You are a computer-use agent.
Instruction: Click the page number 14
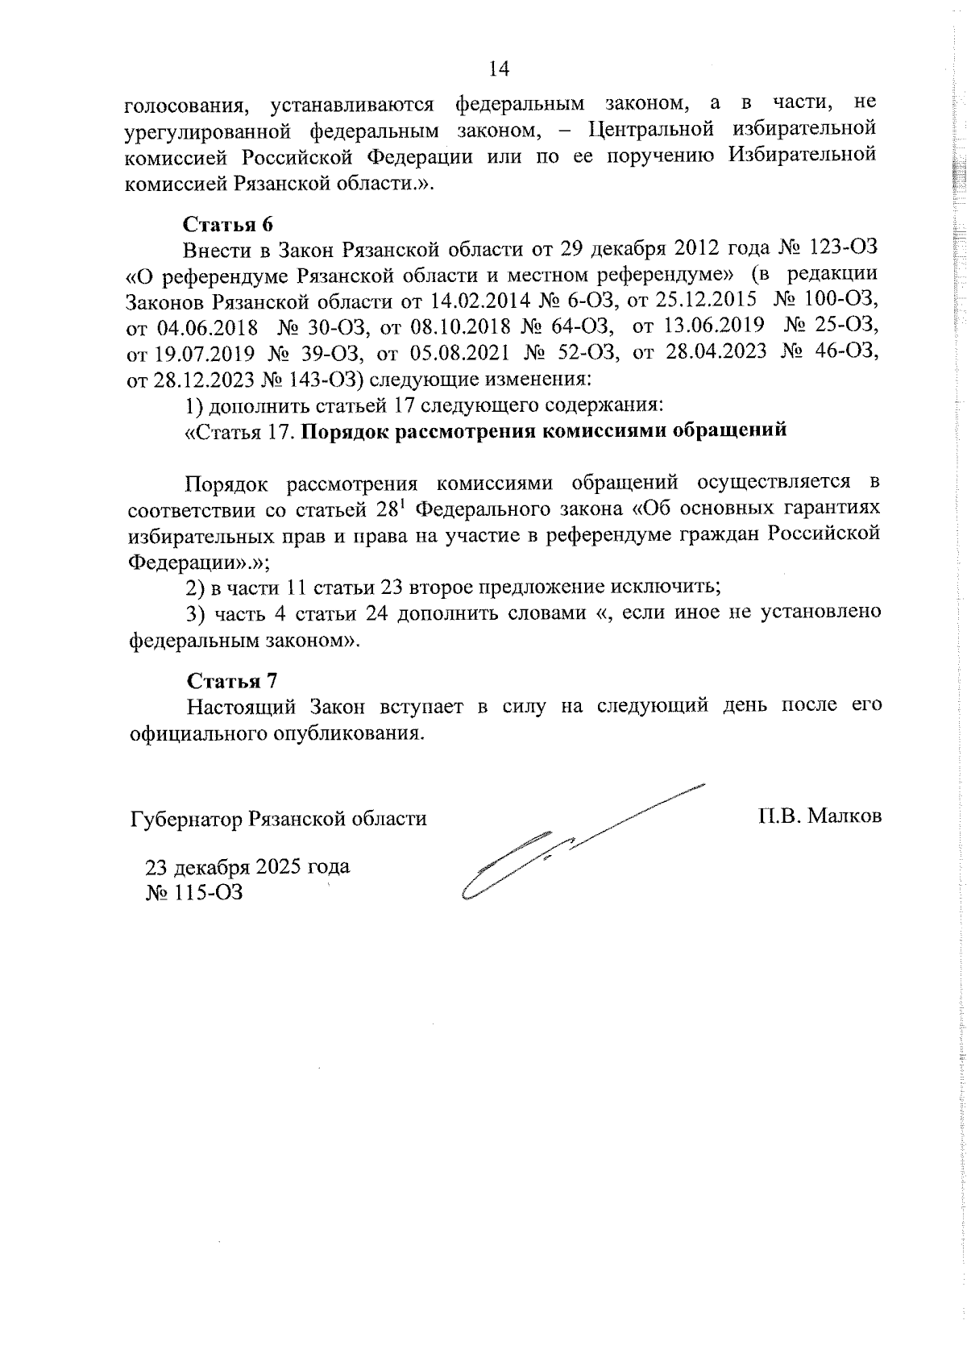499,69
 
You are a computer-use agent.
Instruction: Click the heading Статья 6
229,224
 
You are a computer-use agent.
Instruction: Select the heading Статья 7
233,681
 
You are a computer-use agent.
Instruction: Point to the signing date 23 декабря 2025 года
270,867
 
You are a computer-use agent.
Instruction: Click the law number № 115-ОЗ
205,893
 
